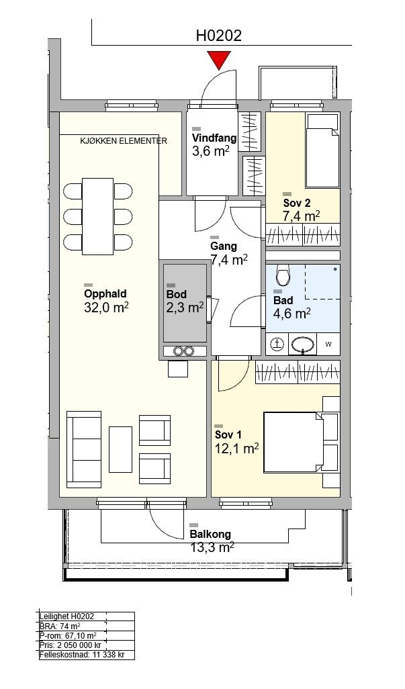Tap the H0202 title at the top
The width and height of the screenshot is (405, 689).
point(219,35)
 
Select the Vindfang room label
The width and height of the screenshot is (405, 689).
point(214,138)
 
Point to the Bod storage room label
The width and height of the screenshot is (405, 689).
point(177,294)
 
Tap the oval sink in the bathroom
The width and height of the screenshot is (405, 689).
point(303,344)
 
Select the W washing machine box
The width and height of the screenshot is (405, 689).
point(328,344)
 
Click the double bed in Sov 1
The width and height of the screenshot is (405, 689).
point(301,443)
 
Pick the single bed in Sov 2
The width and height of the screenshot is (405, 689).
point(323,150)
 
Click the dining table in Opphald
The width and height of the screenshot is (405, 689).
point(98,216)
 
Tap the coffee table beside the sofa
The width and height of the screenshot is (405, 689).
point(120,449)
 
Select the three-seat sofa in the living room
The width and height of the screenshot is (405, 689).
point(84,449)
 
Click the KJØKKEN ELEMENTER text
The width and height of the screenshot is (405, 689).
point(124,141)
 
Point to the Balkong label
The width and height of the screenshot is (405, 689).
point(210,535)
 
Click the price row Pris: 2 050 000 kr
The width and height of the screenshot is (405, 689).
point(71,645)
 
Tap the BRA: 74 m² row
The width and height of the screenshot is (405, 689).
point(60,626)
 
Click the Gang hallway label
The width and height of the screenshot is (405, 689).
point(223,246)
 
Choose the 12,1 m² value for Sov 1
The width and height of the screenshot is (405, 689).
point(236,448)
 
